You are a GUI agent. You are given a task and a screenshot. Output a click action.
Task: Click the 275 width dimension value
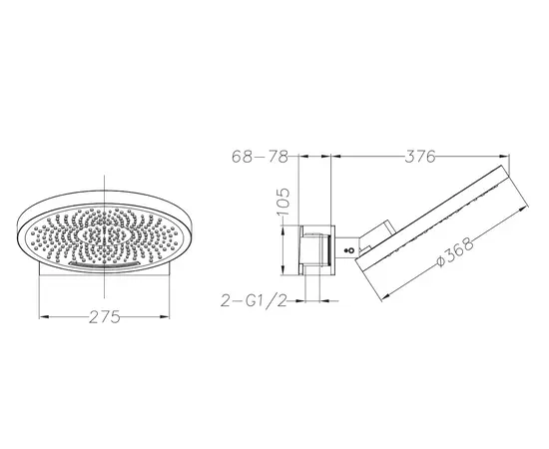pos(105,317)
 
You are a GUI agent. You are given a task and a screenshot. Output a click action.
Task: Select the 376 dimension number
pos(420,157)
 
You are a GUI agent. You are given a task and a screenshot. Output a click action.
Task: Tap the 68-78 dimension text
pos(260,157)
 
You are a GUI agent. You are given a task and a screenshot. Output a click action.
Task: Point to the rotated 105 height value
pos(283,202)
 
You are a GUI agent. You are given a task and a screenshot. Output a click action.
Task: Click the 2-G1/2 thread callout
pos(255,300)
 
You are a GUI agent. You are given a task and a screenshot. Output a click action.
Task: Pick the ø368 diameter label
pos(455,251)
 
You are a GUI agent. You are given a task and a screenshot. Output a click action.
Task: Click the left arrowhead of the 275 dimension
pos(43,316)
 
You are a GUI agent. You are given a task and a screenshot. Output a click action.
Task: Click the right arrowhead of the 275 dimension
pos(165,316)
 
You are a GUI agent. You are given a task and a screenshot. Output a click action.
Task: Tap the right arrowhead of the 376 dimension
pos(503,157)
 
